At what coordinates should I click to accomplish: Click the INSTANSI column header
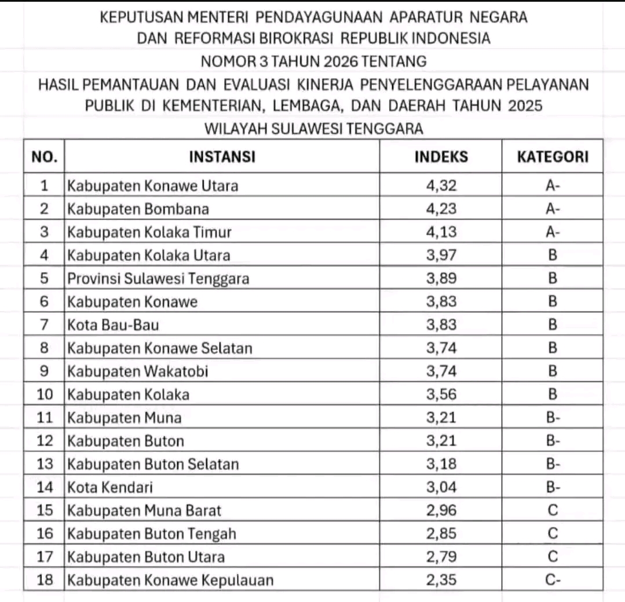[222, 156]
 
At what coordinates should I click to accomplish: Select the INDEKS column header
[441, 156]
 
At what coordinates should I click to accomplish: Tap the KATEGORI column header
[552, 156]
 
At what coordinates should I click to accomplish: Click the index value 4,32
[441, 186]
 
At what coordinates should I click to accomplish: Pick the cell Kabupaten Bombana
[138, 209]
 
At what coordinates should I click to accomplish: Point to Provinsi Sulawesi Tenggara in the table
[158, 279]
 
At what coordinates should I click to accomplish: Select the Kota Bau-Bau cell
[113, 325]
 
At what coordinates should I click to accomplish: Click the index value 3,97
[441, 256]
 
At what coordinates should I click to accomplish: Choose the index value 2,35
[441, 580]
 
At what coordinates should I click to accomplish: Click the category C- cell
[553, 580]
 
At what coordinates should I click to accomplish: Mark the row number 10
[45, 395]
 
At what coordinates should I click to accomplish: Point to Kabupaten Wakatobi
[138, 371]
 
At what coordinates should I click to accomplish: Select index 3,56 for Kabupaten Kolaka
[441, 395]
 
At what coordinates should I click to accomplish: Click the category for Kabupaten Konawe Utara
[553, 186]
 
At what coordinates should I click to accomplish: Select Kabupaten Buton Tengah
[152, 534]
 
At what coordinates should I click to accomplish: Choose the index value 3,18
[441, 464]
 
